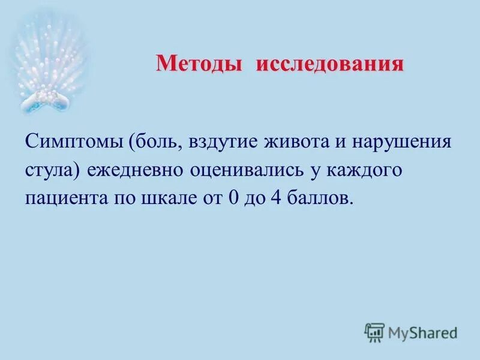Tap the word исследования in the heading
330,64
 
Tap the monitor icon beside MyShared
374,332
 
